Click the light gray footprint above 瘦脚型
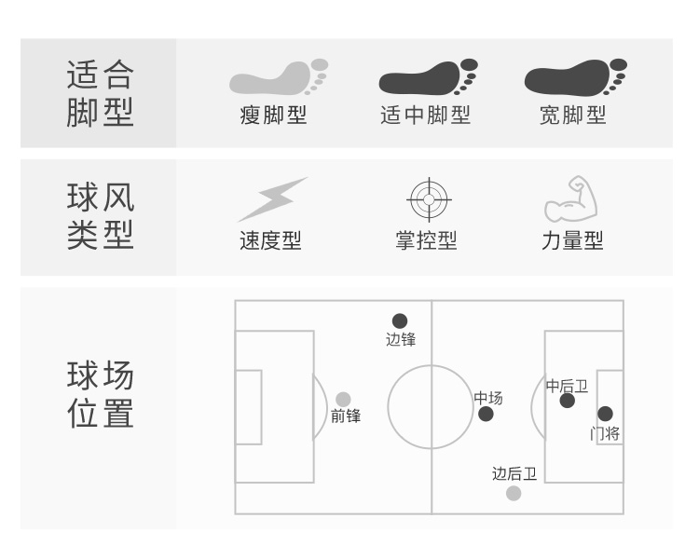277,78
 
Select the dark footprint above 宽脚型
573,78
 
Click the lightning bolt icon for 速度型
271,198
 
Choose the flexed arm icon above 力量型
570,198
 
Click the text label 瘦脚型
273,116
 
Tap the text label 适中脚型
426,116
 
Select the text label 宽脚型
572,116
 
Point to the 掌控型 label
426,240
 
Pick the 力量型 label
572,240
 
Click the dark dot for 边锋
400,321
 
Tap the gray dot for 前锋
344,399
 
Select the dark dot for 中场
486,414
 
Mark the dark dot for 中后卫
567,401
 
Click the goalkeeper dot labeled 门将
605,414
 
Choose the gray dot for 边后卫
514,493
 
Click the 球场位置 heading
101,395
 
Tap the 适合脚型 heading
101,93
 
